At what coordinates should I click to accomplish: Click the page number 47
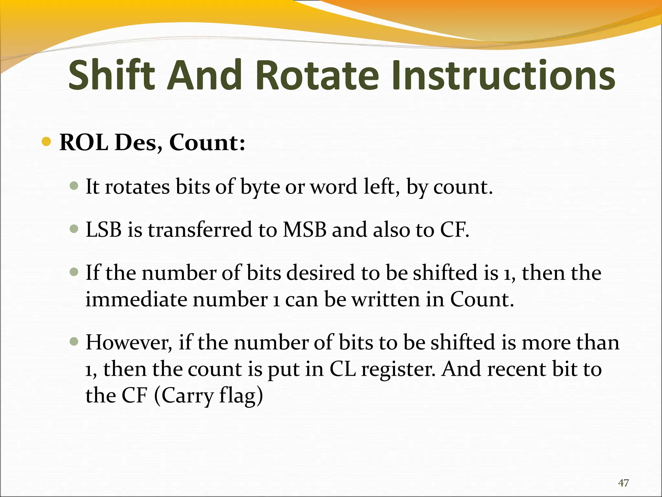[x=623, y=483]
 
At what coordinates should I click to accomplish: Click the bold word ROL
[x=84, y=142]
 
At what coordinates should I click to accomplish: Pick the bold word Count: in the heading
[x=207, y=142]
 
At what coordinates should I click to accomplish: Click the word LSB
[x=103, y=230]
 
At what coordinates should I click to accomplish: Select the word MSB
[x=304, y=230]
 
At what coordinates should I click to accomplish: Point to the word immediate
[x=136, y=299]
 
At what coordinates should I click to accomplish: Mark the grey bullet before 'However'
[x=74, y=341]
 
